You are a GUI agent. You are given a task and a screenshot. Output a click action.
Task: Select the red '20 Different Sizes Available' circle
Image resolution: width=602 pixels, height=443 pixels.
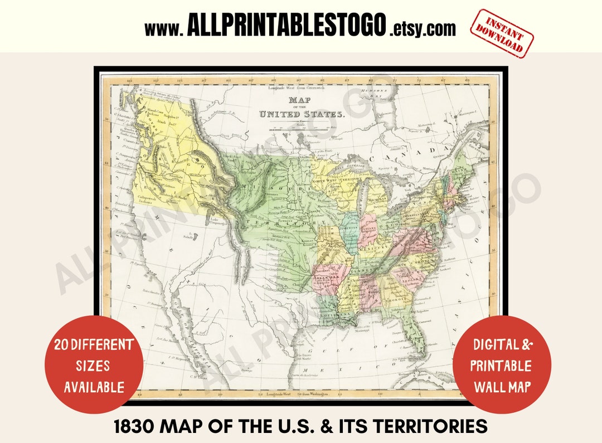94,365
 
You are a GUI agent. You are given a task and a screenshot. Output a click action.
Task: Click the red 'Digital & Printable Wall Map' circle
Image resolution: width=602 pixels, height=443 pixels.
501,365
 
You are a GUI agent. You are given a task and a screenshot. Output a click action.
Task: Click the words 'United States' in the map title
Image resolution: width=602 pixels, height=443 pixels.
302,114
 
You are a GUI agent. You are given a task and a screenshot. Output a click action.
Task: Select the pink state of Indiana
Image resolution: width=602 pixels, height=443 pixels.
368,228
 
